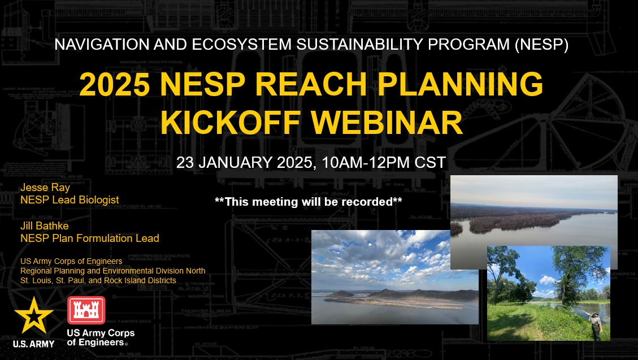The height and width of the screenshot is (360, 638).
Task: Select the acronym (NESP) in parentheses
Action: (x=541, y=45)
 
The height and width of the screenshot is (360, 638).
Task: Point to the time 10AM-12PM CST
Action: (x=384, y=163)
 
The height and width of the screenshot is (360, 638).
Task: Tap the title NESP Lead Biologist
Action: (x=70, y=199)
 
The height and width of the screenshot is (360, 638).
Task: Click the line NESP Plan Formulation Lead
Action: (x=89, y=238)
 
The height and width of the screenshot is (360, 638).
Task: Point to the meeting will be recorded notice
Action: (x=308, y=201)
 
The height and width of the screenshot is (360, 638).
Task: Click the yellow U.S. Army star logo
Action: (x=34, y=315)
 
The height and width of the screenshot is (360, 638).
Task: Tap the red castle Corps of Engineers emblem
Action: (x=86, y=310)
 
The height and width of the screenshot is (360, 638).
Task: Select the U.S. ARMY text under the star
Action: (x=34, y=343)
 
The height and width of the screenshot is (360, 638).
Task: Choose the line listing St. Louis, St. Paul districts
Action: (x=98, y=280)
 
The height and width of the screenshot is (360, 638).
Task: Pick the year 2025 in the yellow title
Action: (x=114, y=85)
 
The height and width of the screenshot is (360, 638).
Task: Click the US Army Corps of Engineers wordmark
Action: (x=101, y=337)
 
